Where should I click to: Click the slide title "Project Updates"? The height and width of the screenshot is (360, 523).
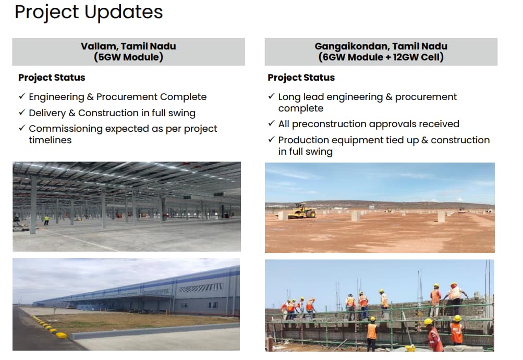tap(89, 13)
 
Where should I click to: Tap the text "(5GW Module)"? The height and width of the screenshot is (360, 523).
tap(128, 57)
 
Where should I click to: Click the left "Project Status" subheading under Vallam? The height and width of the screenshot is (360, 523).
tap(52, 77)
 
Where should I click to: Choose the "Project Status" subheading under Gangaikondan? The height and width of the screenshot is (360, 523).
tap(301, 77)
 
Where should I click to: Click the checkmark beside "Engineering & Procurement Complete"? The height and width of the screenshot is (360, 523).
tap(22, 96)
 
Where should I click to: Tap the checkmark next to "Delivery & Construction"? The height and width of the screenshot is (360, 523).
tap(22, 113)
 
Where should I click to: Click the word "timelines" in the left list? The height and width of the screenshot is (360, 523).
tap(51, 140)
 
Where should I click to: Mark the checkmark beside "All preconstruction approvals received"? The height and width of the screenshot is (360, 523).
tap(272, 123)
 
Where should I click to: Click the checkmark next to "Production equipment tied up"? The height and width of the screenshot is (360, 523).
tap(272, 139)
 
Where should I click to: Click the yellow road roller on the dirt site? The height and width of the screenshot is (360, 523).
tap(301, 211)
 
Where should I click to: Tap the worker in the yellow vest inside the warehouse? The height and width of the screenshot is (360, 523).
tap(47, 220)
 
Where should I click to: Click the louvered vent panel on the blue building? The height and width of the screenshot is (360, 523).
tap(201, 288)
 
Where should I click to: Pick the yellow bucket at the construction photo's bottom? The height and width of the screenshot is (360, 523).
tap(410, 347)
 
